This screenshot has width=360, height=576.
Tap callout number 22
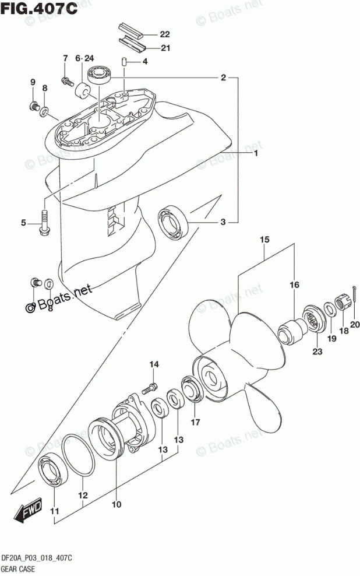pyautogui.click(x=165, y=34)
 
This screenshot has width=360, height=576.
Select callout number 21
pyautogui.click(x=165, y=48)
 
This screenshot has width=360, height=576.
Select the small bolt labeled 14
pyautogui.click(x=153, y=386)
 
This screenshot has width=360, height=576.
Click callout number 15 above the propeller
pyautogui.click(x=264, y=240)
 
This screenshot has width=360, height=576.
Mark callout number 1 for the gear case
pyautogui.click(x=255, y=154)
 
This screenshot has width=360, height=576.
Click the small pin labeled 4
pyautogui.click(x=124, y=61)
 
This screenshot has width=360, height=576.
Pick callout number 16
pyautogui.click(x=294, y=285)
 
